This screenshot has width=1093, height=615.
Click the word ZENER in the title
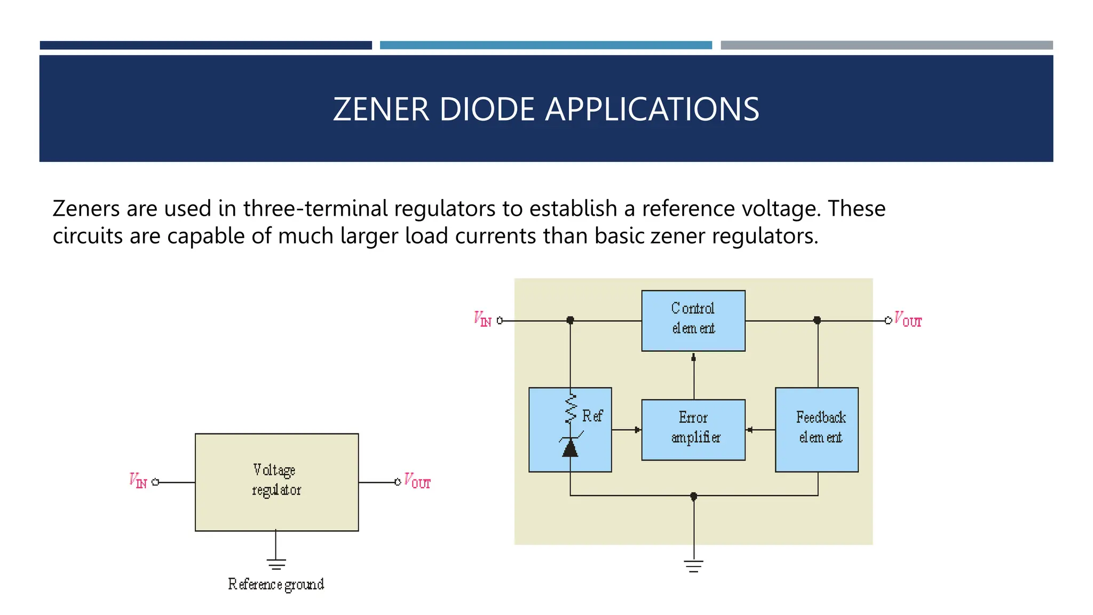pos(381,109)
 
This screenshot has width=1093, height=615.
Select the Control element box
pos(693,320)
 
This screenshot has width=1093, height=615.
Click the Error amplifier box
pos(693,429)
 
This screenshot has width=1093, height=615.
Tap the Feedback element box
pos(817,429)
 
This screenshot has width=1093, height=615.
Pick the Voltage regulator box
pos(276,482)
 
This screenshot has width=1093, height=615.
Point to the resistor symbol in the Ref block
pos(571,408)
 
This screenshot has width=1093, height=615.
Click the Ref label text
pos(592,416)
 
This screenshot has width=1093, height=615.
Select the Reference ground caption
pos(276,584)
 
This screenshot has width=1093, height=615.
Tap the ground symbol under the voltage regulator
pos(276,564)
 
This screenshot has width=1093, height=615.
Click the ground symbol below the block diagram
pos(693,566)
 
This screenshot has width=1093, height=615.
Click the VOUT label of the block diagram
pos(908,319)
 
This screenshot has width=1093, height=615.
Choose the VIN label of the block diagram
pos(482,319)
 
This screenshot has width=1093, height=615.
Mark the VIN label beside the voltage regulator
pos(138,480)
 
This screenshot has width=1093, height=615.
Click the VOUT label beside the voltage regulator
pos(417,480)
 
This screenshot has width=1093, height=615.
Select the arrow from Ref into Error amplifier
pos(637,429)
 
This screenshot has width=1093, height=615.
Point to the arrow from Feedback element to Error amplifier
pos(750,429)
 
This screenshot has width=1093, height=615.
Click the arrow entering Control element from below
pos(693,358)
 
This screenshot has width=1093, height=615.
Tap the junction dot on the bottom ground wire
pos(693,496)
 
